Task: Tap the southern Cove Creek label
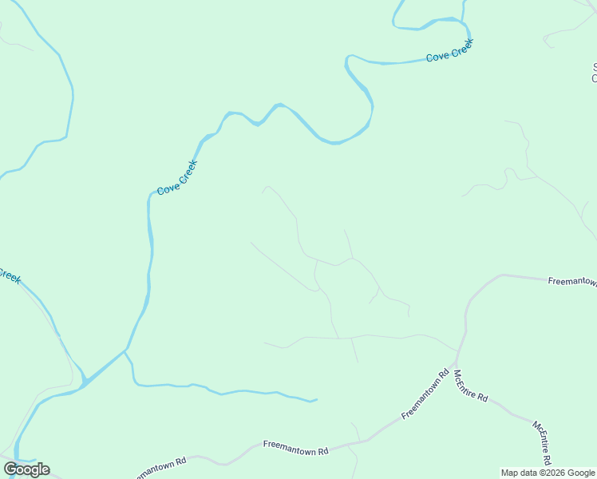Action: pos(176,177)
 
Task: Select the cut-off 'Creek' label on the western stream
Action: pos(9,276)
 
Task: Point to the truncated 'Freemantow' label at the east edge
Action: pos(571,281)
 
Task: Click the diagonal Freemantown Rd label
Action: pos(426,394)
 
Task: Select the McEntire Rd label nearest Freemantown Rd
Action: pos(470,386)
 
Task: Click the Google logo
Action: pos(26,469)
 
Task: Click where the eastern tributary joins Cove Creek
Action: pos(125,350)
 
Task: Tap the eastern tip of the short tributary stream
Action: pos(317,399)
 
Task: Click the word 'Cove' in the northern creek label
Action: pos(437,57)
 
